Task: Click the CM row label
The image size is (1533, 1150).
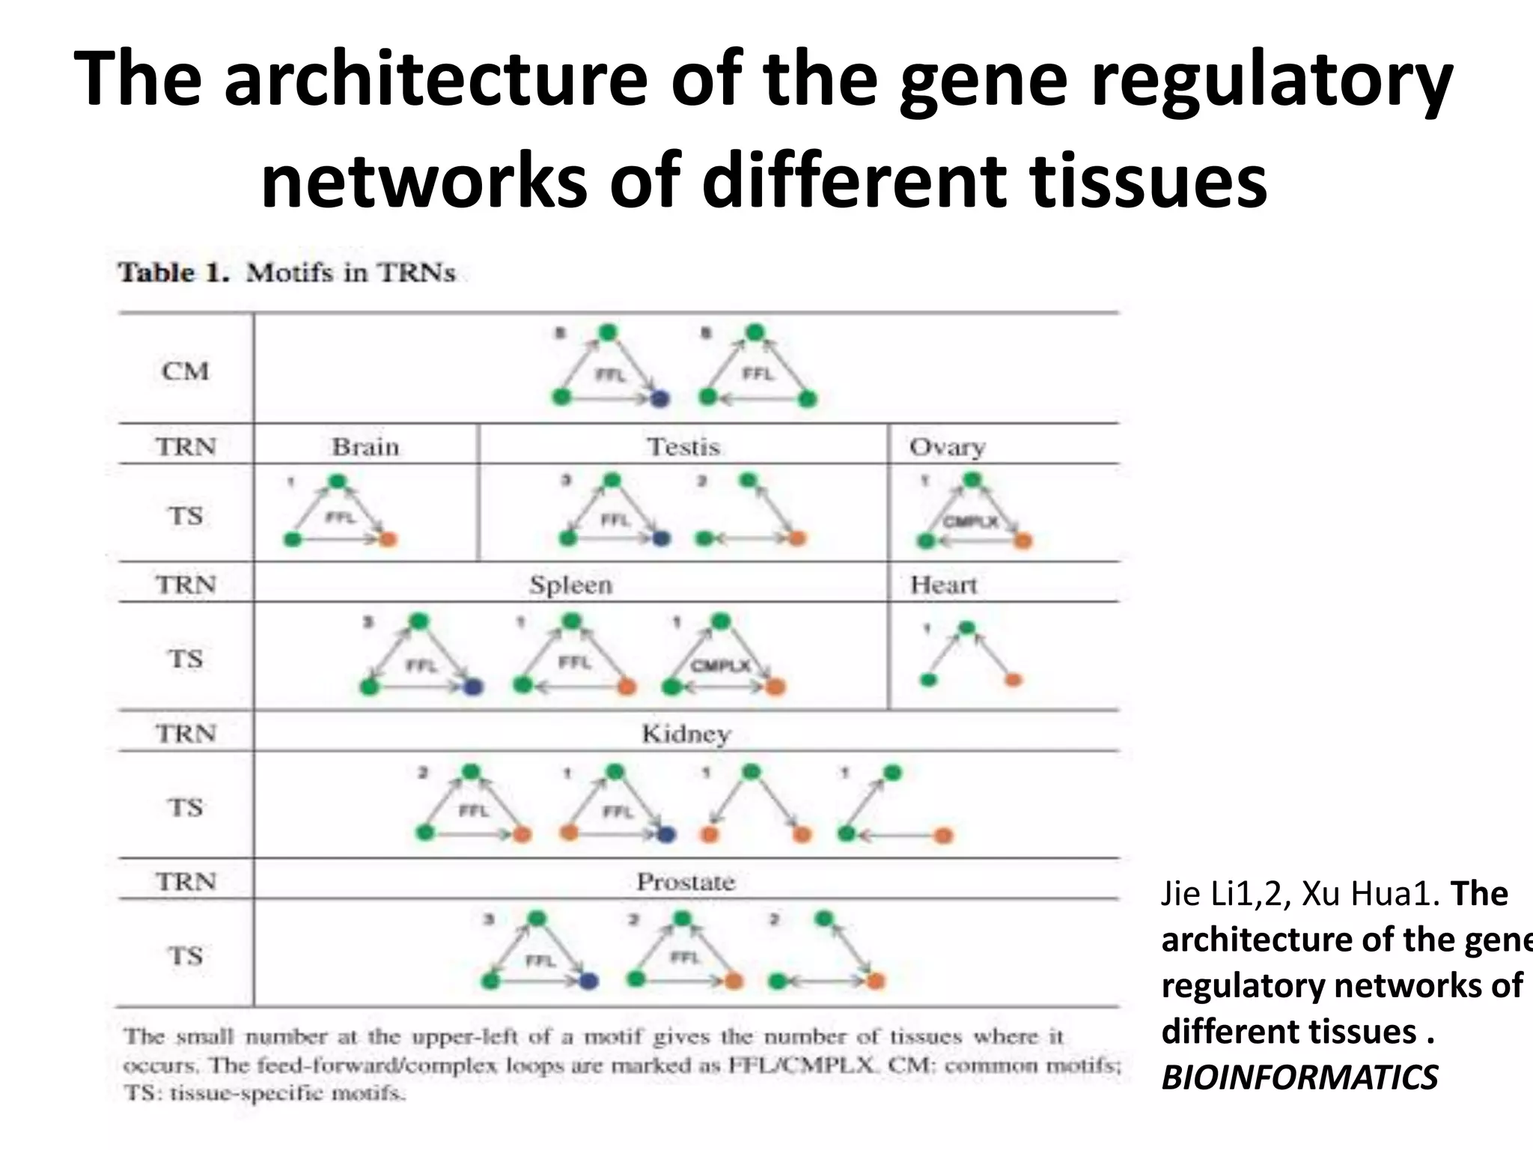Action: tap(185, 371)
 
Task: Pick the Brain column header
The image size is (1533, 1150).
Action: tap(365, 447)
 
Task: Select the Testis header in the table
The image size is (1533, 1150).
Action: tap(683, 447)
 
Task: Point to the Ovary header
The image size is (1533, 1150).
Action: tap(947, 447)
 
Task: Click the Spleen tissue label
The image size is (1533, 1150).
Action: tap(570, 585)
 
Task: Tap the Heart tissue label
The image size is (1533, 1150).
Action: tap(943, 585)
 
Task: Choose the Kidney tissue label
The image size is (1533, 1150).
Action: tap(686, 734)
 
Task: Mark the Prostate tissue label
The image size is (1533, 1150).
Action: tap(686, 882)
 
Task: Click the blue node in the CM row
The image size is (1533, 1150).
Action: tap(659, 399)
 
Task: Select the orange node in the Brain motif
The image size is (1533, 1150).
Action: tap(388, 539)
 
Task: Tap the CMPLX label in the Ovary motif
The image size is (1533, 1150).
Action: tap(970, 521)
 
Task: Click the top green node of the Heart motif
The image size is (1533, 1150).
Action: tap(967, 627)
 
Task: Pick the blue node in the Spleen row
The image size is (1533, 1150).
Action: tap(473, 687)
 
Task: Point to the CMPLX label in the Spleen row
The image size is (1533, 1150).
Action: tap(720, 666)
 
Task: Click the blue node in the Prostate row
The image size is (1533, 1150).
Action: tap(588, 981)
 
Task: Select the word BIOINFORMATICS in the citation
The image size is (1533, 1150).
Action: tap(1299, 1077)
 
